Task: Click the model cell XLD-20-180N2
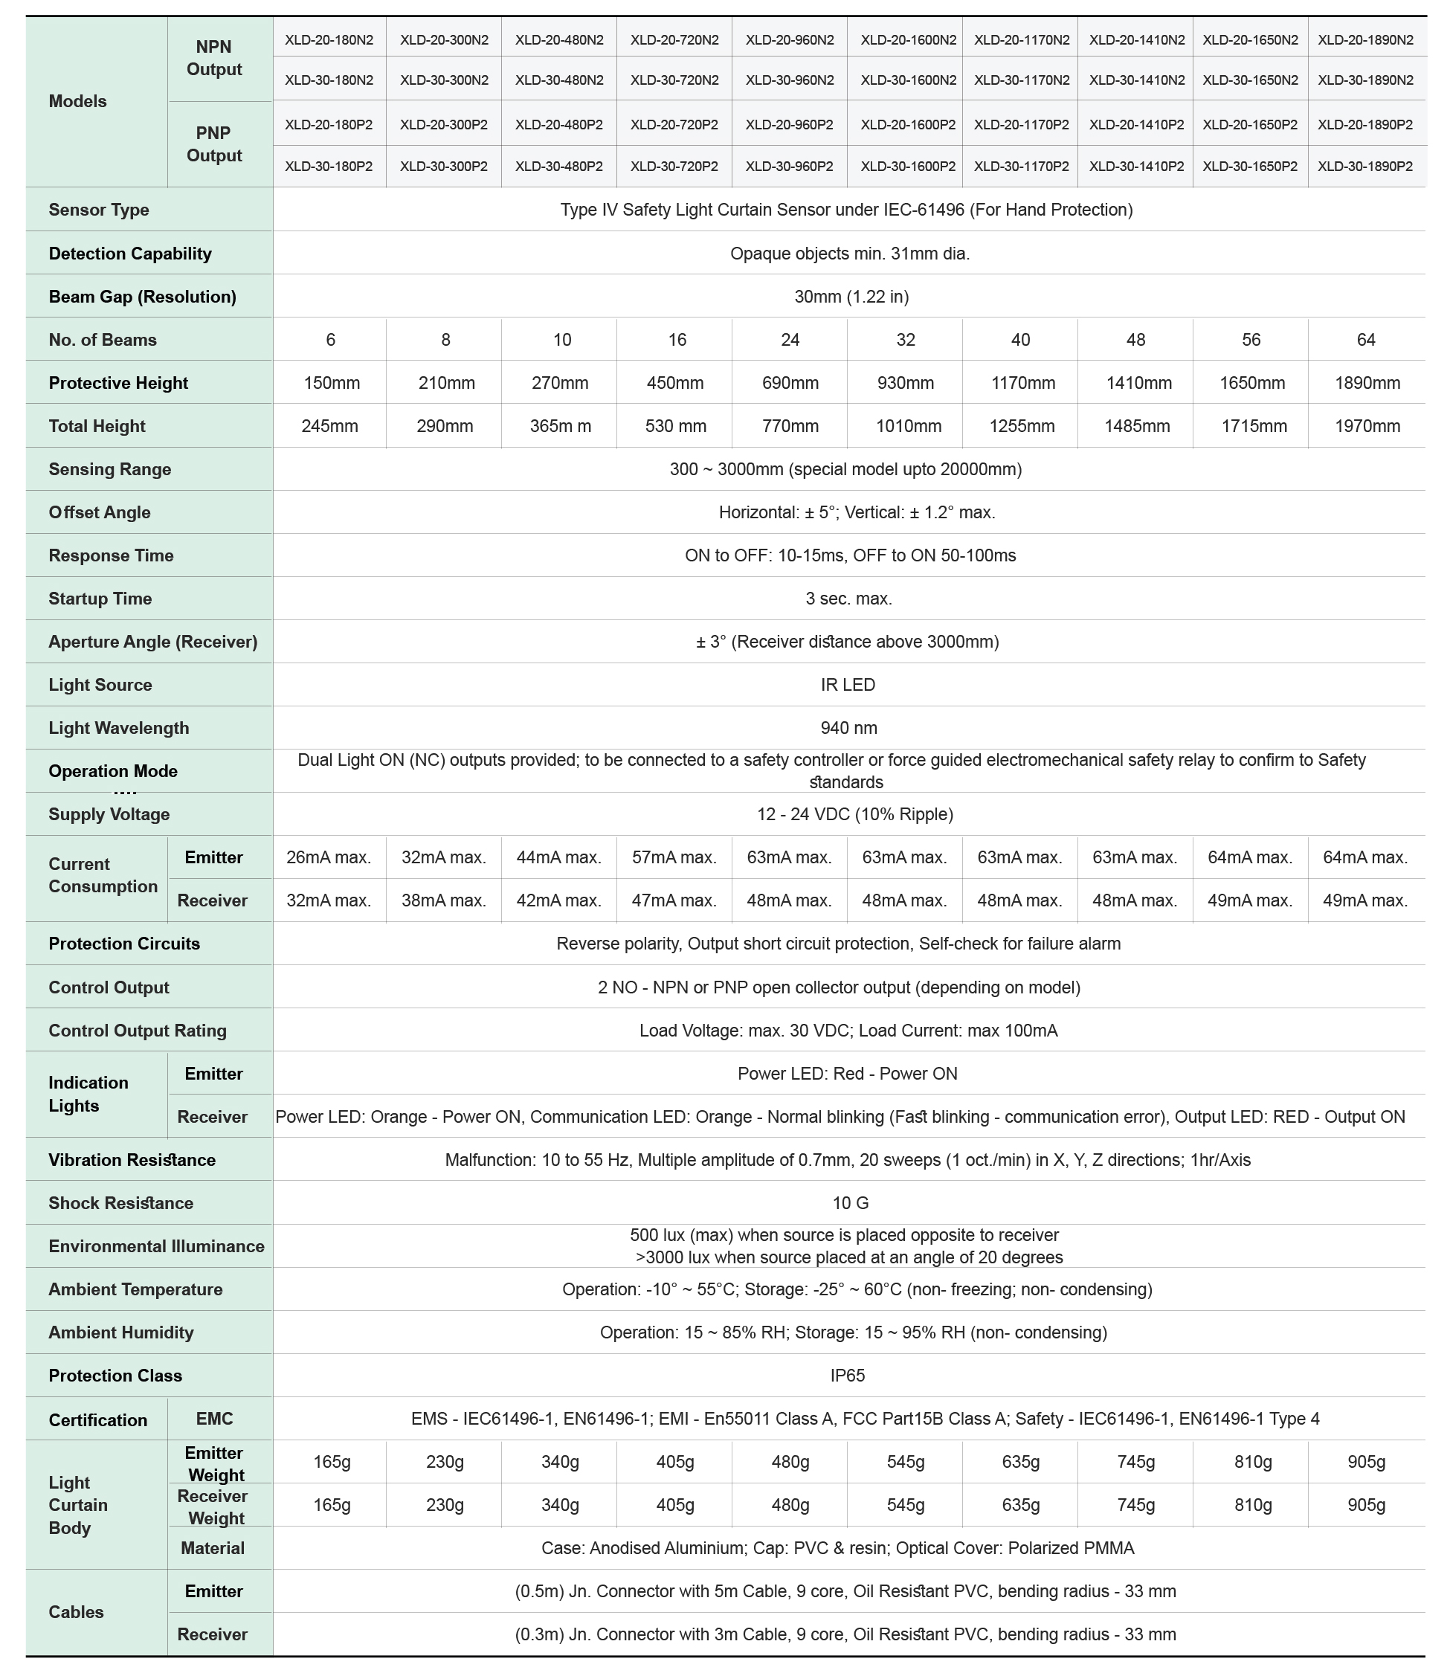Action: click(329, 39)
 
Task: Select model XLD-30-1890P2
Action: click(1365, 166)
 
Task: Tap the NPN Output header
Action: click(213, 58)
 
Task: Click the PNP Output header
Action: click(213, 144)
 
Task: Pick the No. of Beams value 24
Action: click(790, 340)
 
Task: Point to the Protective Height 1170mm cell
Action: click(1022, 383)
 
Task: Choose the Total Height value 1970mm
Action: click(1367, 427)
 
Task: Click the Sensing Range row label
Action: click(110, 469)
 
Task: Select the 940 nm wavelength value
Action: click(848, 729)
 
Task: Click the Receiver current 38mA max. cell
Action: click(444, 900)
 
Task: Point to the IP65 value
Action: click(847, 1376)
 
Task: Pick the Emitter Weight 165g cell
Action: click(332, 1463)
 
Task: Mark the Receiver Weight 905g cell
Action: click(1366, 1505)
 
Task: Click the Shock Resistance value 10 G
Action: click(850, 1203)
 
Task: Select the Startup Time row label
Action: click(100, 599)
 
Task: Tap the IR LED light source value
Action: click(847, 685)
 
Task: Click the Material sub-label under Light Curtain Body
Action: click(212, 1548)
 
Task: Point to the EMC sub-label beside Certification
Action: click(214, 1419)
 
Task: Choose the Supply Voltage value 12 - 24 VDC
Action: click(854, 814)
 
